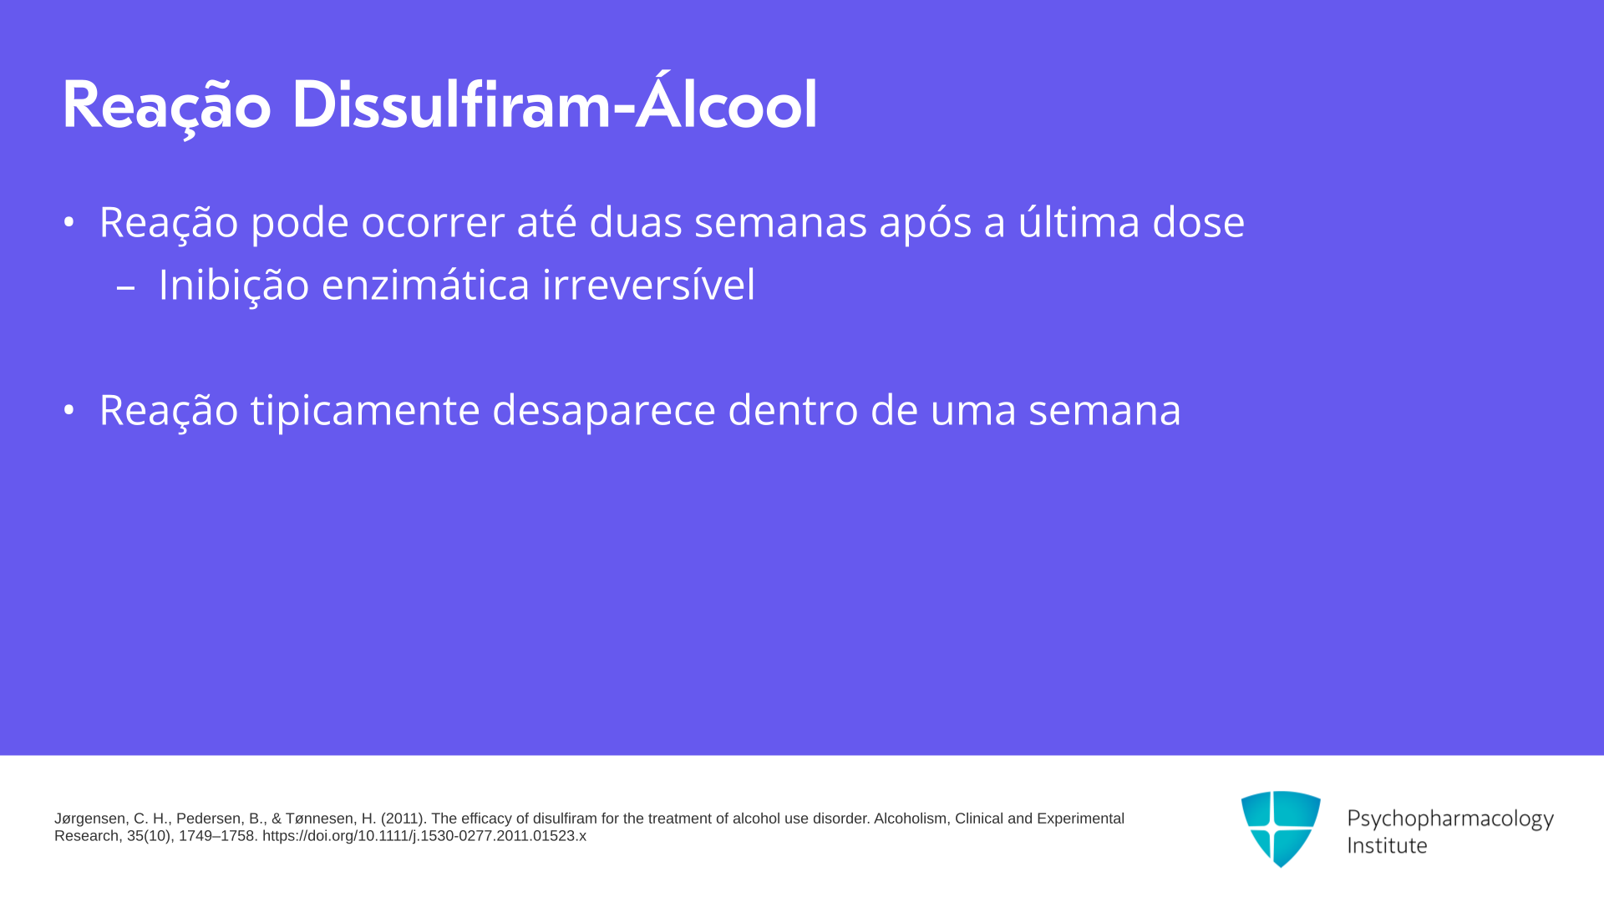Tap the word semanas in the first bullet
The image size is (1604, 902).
pos(780,222)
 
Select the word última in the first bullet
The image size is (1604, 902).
pos(1079,220)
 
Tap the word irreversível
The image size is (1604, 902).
pos(649,284)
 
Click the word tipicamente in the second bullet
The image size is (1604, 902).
pos(365,410)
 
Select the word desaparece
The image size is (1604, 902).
pos(604,410)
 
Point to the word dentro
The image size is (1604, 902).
pos(793,409)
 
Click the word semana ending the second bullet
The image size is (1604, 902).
pos(1104,411)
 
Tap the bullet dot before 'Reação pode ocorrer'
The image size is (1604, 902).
pos(69,222)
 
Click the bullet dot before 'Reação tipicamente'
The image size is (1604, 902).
pos(69,410)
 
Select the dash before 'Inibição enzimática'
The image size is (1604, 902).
pos(126,287)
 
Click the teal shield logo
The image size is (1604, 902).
pos(1281,829)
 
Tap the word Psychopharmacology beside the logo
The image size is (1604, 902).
pos(1450,819)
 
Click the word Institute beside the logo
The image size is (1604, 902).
pos(1387,845)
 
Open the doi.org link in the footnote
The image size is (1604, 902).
pos(424,836)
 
